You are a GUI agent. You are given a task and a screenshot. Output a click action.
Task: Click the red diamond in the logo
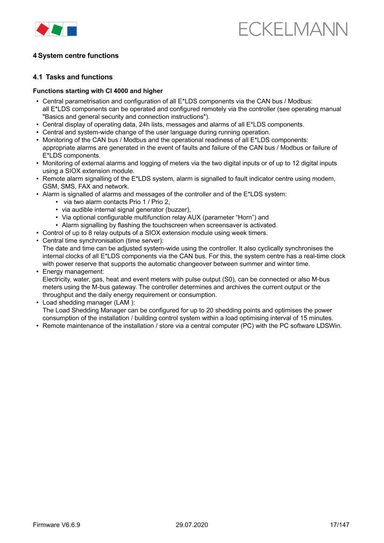pyautogui.click(x=42, y=29)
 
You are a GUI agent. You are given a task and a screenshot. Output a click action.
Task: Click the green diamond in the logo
pyautogui.click(x=57, y=30)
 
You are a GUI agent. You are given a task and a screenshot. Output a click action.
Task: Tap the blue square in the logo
pyautogui.click(x=72, y=31)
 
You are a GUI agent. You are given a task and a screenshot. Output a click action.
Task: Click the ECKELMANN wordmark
pyautogui.click(x=293, y=29)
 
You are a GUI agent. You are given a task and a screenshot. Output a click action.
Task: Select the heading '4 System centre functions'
pyautogui.click(x=76, y=56)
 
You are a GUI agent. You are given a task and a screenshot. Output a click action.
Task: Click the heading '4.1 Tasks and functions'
pyautogui.click(x=73, y=77)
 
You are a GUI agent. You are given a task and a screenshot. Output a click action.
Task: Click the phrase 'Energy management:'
pyautogui.click(x=73, y=272)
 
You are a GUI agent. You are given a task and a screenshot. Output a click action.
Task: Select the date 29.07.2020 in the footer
pyautogui.click(x=192, y=525)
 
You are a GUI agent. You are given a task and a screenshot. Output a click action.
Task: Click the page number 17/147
pyautogui.click(x=339, y=525)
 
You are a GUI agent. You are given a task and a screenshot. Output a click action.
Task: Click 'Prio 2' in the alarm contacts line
pyautogui.click(x=160, y=202)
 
